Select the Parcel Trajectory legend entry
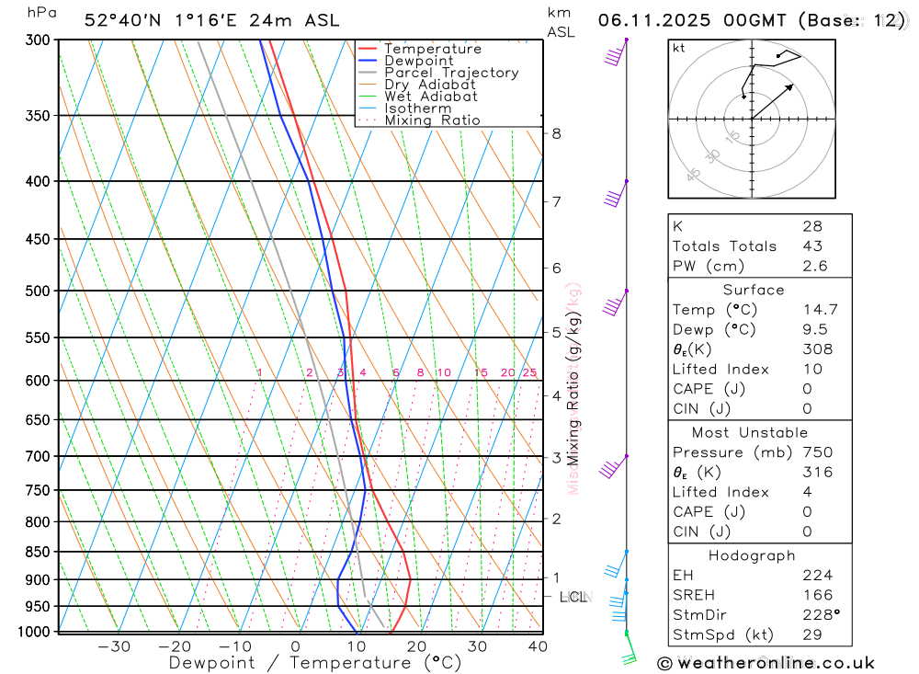[451, 73]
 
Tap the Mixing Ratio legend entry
[432, 120]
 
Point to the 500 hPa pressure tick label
[39, 291]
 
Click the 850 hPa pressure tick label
[39, 552]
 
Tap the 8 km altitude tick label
[556, 133]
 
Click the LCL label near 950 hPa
[573, 597]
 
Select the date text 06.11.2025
[652, 20]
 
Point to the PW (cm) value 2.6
[814, 266]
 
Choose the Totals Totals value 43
[811, 246]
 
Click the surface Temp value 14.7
[819, 310]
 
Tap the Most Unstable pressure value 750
[817, 451]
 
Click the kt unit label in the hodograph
[679, 48]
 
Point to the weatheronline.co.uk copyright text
[766, 662]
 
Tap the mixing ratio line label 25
[529, 372]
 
